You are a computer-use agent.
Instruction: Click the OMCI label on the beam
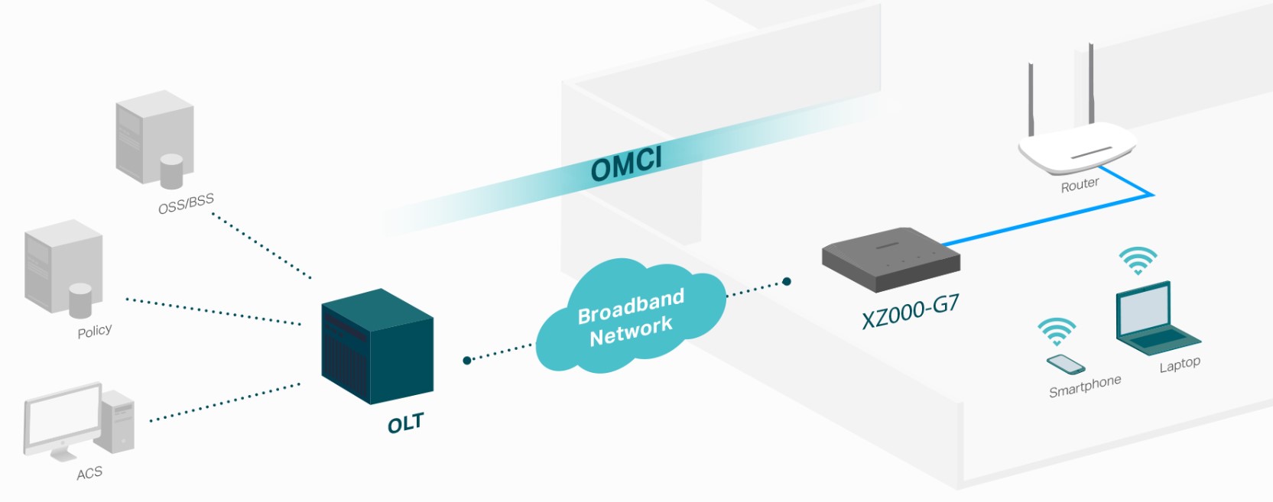(x=626, y=164)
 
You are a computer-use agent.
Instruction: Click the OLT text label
(x=405, y=423)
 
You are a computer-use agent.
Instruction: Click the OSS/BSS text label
(x=186, y=204)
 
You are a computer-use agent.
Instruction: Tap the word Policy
(x=95, y=331)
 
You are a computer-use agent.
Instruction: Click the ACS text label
(x=89, y=473)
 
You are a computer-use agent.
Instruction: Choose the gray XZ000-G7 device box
(x=891, y=258)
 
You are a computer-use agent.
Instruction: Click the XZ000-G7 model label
(x=910, y=311)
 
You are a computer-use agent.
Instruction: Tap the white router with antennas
(x=1077, y=145)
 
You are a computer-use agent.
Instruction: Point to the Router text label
(x=1080, y=185)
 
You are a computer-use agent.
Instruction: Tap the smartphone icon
(x=1065, y=364)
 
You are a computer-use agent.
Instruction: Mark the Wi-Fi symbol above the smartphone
(x=1057, y=332)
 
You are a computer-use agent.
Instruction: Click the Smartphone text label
(x=1084, y=386)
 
